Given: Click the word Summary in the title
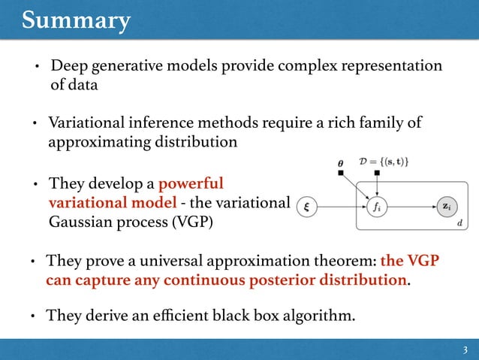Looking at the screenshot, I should (75, 20).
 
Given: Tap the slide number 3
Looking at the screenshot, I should (465, 349).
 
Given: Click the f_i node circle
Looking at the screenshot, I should (377, 207).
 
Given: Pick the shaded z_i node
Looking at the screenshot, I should (446, 207).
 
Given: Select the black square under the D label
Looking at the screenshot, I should (377, 174).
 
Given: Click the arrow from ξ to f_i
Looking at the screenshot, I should (341, 207).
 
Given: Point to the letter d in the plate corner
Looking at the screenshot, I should (459, 223).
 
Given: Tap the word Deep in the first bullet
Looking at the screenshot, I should (68, 67).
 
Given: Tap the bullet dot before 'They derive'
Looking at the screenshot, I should (35, 316).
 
